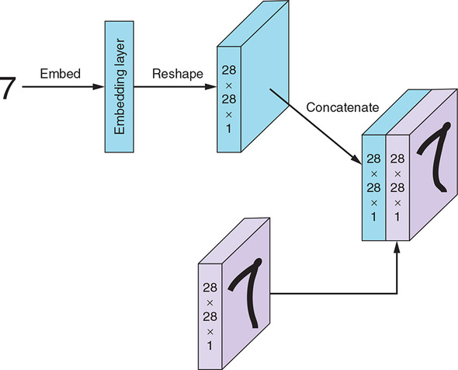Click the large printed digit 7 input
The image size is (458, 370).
point(6,88)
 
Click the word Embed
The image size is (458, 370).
point(61,73)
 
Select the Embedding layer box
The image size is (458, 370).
point(120,86)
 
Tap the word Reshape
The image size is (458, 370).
point(178,74)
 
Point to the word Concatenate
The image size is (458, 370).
point(342,107)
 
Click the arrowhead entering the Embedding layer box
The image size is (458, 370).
point(98,86)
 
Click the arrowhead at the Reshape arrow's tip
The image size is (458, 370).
point(210,86)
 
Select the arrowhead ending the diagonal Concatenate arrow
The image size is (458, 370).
point(356,159)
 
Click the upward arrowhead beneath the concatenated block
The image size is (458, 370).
point(397,247)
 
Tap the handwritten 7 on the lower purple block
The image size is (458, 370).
point(246,292)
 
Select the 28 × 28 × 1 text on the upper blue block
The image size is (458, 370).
point(229,99)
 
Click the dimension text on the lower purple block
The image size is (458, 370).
point(210,316)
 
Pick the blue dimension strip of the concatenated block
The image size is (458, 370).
point(374,188)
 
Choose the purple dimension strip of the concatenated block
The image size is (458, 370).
point(397,188)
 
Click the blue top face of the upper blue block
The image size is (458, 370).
point(253,23)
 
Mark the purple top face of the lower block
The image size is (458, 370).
point(234,241)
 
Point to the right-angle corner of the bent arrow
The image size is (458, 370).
point(397,293)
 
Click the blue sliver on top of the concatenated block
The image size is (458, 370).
point(397,112)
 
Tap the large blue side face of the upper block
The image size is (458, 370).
point(265,76)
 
